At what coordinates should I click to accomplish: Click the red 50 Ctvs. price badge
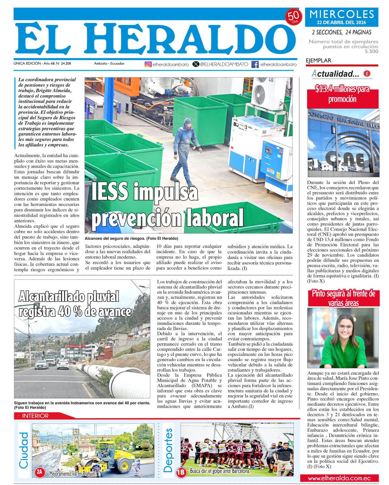tap(293, 17)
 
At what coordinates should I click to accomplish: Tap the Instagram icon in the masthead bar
tap(148, 64)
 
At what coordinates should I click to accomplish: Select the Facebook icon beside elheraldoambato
tap(255, 64)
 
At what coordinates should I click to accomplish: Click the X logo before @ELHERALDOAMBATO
tap(196, 64)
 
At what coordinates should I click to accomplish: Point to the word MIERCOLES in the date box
tap(342, 14)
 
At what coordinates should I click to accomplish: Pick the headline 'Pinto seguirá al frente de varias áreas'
tap(343, 298)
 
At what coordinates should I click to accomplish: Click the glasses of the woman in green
tap(345, 327)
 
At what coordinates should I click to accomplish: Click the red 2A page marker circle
tap(40, 472)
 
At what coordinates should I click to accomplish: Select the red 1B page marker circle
tap(181, 472)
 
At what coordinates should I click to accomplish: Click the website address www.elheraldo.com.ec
tap(339, 478)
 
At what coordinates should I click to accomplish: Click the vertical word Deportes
tap(168, 450)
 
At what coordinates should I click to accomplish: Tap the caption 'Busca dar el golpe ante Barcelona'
tap(219, 471)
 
